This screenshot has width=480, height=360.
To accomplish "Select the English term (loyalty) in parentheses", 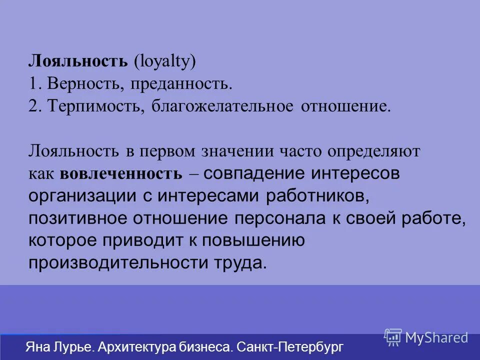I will click(x=164, y=61).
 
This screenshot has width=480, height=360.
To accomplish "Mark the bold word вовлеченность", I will click(x=121, y=173).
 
